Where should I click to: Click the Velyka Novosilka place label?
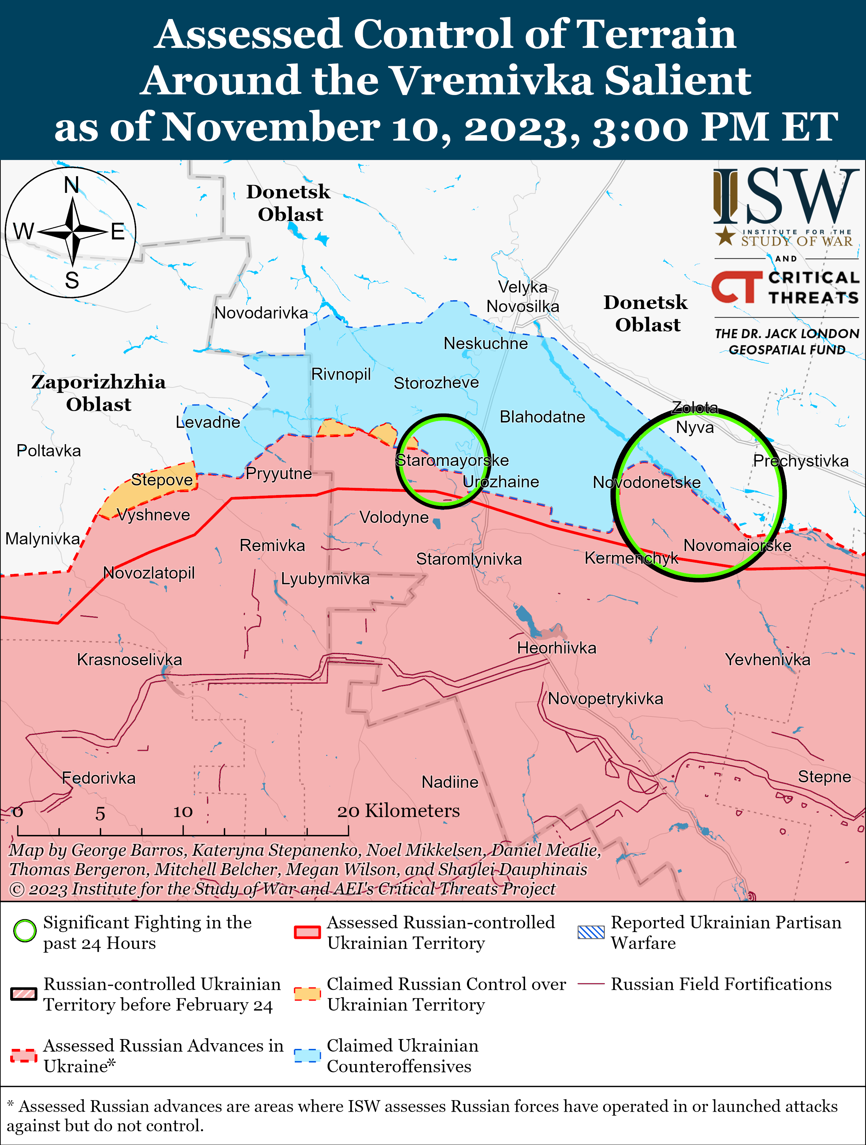point(523,296)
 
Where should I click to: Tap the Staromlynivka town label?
point(469,559)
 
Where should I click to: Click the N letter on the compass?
point(71,185)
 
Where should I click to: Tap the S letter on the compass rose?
point(72,280)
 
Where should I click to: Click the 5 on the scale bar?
point(100,814)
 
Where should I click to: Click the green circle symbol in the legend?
point(25,931)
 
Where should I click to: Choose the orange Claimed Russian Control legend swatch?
point(307,994)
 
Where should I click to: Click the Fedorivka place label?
point(98,778)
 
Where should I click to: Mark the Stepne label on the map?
point(824,777)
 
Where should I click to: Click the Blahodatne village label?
point(542,417)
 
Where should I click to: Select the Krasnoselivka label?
point(129,659)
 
